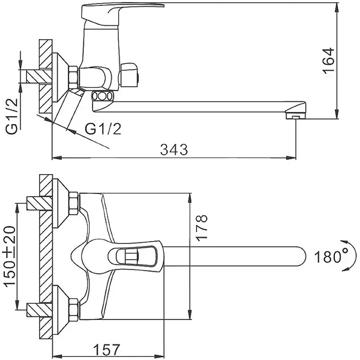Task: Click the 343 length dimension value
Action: [174, 149]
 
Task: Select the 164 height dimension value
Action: [329, 60]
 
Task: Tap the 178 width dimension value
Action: [202, 227]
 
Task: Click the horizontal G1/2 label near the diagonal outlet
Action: [103, 129]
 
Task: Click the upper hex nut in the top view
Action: [72, 204]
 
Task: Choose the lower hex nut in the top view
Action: [72, 310]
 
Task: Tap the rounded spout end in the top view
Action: [301, 257]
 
